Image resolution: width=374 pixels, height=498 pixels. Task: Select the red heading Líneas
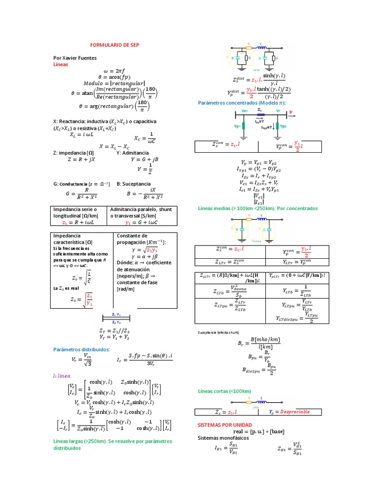(60, 64)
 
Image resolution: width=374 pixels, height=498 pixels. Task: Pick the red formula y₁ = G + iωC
(143, 222)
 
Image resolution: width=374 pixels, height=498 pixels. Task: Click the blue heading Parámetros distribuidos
(81, 349)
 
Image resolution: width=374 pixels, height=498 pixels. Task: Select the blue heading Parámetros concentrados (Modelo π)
(242, 103)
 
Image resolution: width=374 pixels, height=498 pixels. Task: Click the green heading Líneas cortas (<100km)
(224, 391)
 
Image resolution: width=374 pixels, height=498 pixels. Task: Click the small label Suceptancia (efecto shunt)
(218, 332)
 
